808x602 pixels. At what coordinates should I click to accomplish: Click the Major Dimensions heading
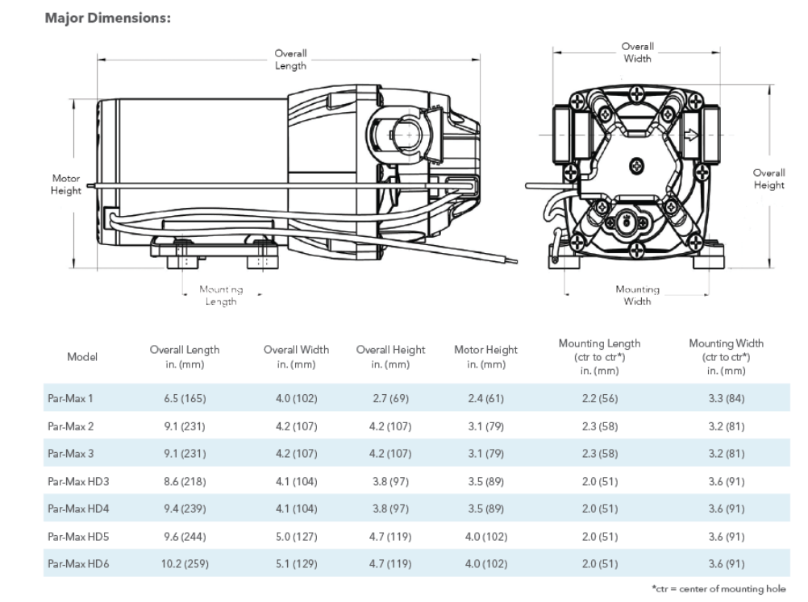click(108, 18)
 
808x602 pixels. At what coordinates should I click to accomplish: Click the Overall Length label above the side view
click(290, 59)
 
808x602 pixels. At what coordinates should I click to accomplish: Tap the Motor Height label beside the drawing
click(66, 185)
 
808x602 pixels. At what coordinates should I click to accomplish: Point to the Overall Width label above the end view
click(637, 52)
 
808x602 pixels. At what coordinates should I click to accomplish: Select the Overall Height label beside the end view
click(768, 179)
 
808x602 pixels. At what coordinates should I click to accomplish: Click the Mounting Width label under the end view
click(637, 295)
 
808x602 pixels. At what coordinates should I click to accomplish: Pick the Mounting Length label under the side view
click(221, 296)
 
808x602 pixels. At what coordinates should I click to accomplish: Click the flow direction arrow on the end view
click(690, 135)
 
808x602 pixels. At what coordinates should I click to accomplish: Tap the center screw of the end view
click(637, 166)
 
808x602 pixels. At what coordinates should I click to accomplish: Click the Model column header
click(82, 357)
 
